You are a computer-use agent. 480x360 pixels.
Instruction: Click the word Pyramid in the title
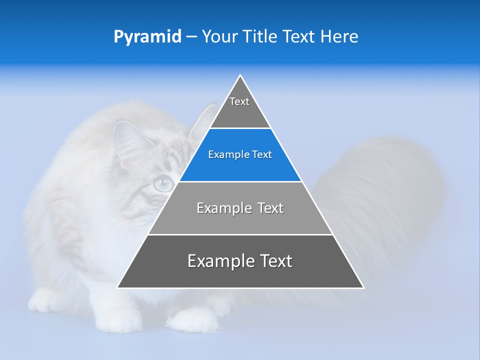[x=147, y=37]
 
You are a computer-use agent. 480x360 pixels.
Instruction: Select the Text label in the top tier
[x=239, y=101]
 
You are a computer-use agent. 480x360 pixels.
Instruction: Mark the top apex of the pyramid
[x=240, y=76]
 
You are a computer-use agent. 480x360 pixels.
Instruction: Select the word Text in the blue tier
[x=262, y=154]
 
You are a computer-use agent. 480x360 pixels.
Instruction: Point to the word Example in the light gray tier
[x=218, y=208]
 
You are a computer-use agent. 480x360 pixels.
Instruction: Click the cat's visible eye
[x=163, y=184]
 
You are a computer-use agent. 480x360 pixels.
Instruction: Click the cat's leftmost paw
[x=42, y=300]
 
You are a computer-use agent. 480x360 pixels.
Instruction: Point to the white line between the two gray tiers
[x=240, y=234]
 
